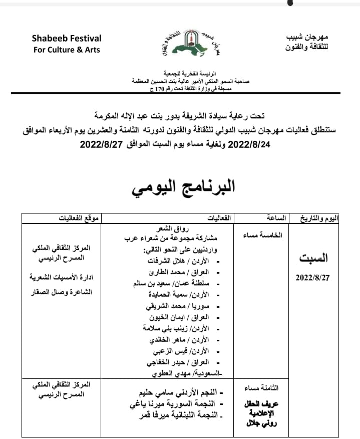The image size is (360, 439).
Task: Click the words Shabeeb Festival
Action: click(67, 38)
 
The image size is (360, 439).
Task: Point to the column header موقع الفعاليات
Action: click(77, 218)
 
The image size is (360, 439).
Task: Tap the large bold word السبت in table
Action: click(314, 259)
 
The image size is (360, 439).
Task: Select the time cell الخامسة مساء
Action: click(268, 235)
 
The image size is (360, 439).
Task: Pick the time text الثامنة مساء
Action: click(264, 388)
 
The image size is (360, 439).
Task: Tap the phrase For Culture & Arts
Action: click(67, 50)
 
